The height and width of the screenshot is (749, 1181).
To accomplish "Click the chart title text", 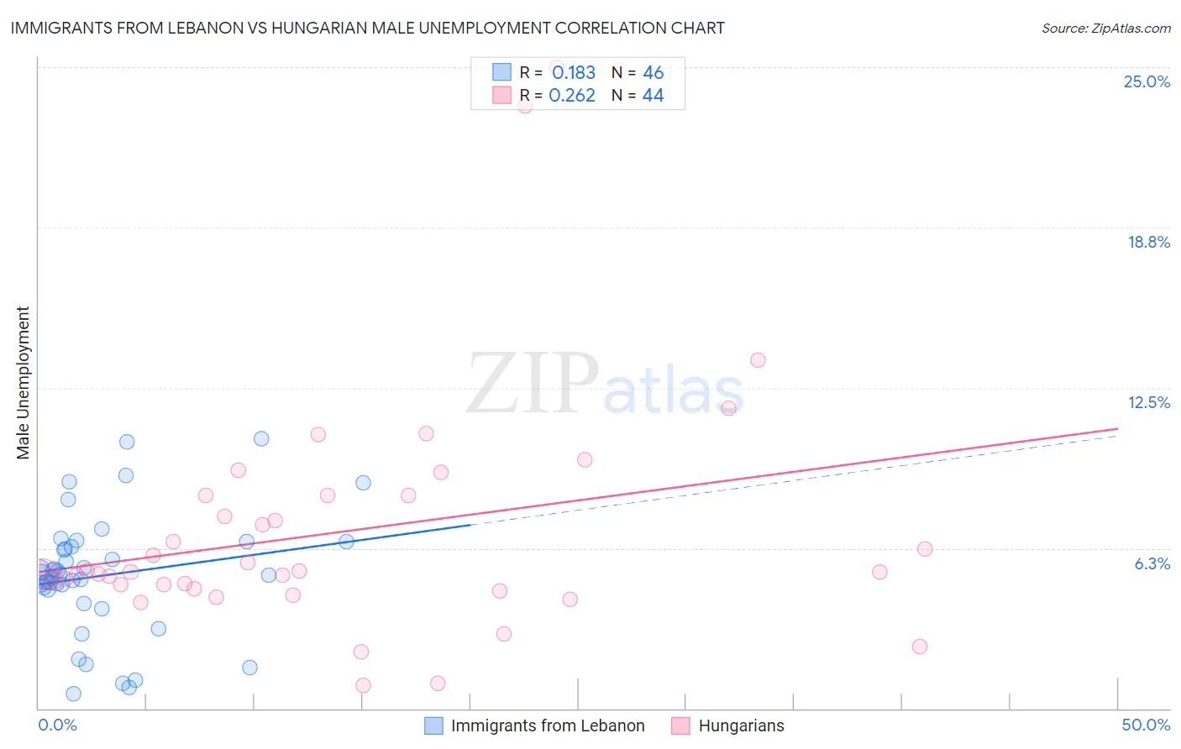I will tap(367, 28).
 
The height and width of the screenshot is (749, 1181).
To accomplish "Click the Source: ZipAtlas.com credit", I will tap(1105, 28).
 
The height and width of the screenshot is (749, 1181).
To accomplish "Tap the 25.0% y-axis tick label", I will tap(1147, 81).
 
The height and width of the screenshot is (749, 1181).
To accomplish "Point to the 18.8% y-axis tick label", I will tap(1148, 242).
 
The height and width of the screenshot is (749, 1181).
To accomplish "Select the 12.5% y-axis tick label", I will tap(1148, 402).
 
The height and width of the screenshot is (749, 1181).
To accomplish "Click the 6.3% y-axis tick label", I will tap(1152, 563).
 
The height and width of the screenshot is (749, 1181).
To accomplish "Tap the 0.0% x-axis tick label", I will tap(57, 725).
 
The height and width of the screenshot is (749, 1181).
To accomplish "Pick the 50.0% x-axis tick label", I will tap(1146, 725).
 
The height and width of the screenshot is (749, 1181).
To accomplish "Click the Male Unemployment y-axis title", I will tap(23, 383).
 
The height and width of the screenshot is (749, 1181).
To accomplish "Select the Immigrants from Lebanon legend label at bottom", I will tap(548, 725).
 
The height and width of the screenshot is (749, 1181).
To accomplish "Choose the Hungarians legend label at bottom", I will tap(741, 725).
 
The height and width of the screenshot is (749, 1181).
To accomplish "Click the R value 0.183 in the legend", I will tap(574, 73).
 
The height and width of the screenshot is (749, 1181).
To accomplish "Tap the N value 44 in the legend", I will tap(653, 96).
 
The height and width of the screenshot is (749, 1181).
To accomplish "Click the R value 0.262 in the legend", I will tap(572, 96).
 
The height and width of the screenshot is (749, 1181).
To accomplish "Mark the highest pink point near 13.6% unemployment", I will tap(758, 360).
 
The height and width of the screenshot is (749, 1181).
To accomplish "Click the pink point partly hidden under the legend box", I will tap(525, 106).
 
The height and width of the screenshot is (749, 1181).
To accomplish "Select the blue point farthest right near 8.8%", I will tap(363, 483).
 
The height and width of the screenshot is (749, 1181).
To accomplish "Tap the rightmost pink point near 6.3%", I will tap(925, 549).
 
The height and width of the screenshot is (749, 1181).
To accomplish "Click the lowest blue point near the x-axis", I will tap(73, 694).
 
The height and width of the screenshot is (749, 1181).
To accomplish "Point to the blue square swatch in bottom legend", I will tap(433, 725).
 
